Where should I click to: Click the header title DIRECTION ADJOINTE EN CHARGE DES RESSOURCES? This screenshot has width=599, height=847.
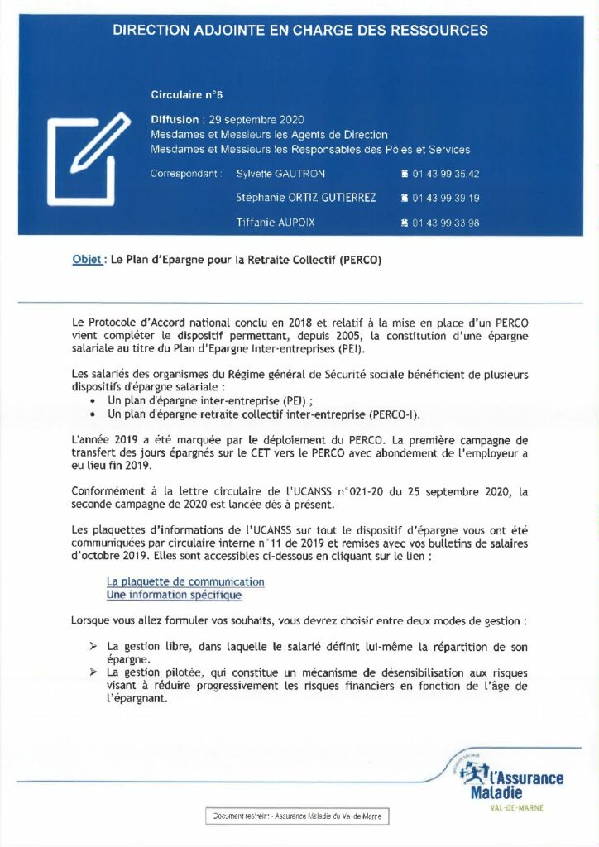[x=299, y=31]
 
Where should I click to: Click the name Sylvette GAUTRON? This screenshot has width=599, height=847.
[x=280, y=174]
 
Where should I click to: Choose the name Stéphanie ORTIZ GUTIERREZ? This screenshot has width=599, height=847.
[x=306, y=198]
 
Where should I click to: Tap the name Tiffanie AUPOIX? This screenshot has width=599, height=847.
[x=276, y=223]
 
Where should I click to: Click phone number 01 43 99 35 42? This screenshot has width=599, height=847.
[x=444, y=174]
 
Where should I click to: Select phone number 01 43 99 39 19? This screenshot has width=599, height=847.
[x=444, y=199]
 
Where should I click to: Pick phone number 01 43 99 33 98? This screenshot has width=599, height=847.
[x=444, y=223]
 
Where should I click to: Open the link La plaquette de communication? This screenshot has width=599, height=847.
[x=185, y=581]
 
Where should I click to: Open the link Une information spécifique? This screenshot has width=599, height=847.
[x=174, y=595]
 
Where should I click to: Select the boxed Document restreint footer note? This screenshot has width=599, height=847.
[x=296, y=816]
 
